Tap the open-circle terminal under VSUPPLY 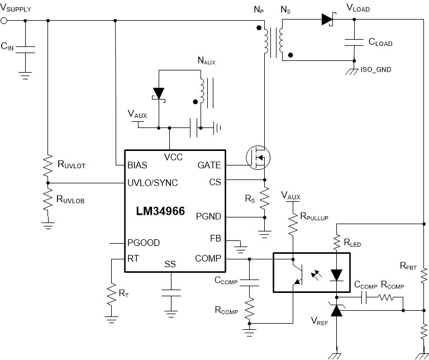tap(4, 21)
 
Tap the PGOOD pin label tap(144, 243)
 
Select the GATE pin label tap(209, 165)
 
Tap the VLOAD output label tap(358, 9)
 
